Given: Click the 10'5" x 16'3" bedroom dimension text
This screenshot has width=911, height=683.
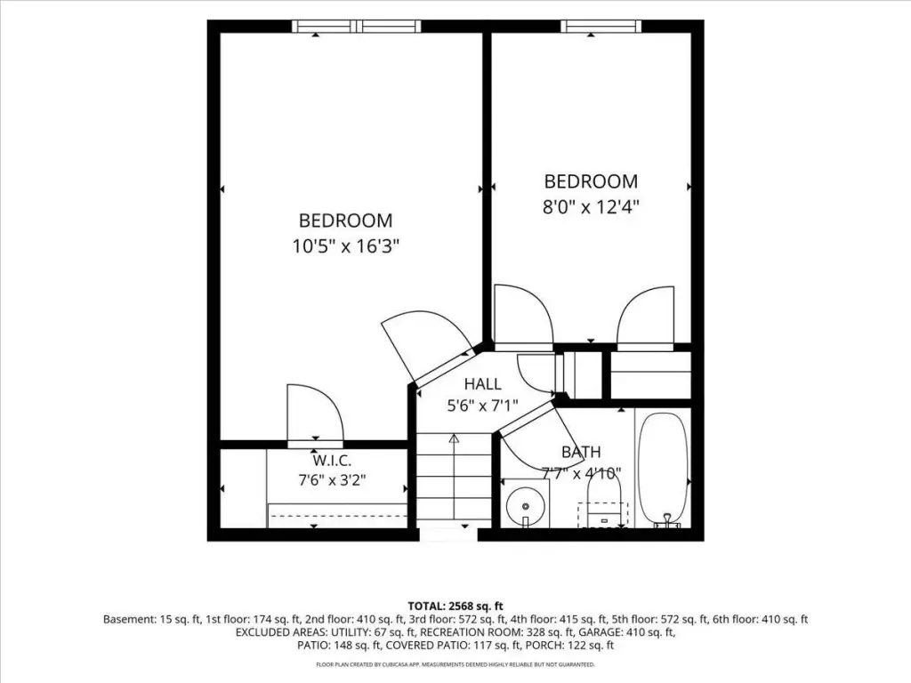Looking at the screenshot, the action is [x=345, y=247].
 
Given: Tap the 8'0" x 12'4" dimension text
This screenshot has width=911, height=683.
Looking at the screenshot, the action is [x=591, y=206].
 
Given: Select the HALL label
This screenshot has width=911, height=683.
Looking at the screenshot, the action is [x=482, y=384].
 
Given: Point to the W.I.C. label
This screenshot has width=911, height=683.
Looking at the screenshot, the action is [x=332, y=462].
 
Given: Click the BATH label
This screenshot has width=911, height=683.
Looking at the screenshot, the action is [x=581, y=452].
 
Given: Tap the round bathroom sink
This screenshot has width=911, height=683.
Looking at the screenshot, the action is [x=524, y=504].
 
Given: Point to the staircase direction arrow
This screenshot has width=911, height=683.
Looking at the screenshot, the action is [x=454, y=479].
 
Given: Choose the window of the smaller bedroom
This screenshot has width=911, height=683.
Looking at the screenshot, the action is [x=601, y=26].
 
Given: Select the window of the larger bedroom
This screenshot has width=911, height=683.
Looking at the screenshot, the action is [x=356, y=26].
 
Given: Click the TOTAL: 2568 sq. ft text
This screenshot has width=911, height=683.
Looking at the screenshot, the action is [x=455, y=607].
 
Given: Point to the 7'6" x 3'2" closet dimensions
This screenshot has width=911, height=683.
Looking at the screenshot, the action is [x=332, y=480].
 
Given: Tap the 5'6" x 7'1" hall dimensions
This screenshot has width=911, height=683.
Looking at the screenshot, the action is [x=482, y=406].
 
